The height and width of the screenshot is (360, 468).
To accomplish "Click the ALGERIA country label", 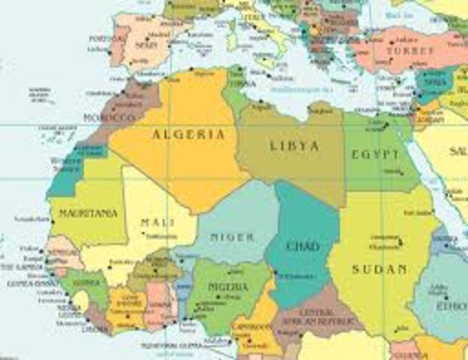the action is coord(188,134).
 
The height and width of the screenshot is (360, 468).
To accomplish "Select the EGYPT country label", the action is coord(375,154).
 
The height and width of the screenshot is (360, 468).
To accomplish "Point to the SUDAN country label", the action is coord(379,268).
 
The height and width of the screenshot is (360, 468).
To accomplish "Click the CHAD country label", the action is coord(303,246).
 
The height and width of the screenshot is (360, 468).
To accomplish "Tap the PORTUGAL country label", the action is coord(104,37).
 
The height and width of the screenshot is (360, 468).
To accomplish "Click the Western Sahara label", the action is coord(66,163).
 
